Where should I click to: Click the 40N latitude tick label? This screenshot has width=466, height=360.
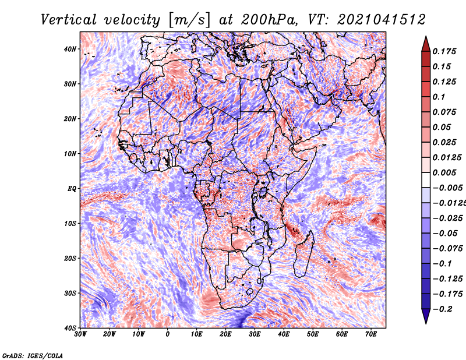(70, 49)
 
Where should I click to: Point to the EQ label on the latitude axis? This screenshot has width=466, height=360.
(72, 189)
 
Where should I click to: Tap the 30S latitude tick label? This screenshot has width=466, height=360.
(70, 294)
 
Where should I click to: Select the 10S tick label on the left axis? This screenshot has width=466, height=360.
(70, 224)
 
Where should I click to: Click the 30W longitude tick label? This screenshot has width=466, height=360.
(80, 334)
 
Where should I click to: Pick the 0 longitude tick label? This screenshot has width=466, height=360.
(167, 334)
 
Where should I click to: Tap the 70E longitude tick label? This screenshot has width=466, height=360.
(370, 334)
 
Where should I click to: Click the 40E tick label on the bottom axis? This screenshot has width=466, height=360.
(284, 334)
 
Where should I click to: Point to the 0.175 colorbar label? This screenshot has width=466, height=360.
(444, 52)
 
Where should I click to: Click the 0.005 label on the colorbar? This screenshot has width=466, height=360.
(444, 172)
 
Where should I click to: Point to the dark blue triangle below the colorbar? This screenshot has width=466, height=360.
(426, 316)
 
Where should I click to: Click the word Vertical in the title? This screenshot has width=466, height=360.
(69, 20)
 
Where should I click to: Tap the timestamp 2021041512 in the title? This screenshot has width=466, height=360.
(381, 20)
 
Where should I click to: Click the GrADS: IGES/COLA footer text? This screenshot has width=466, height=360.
(33, 356)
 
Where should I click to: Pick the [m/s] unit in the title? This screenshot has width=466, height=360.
(189, 20)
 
